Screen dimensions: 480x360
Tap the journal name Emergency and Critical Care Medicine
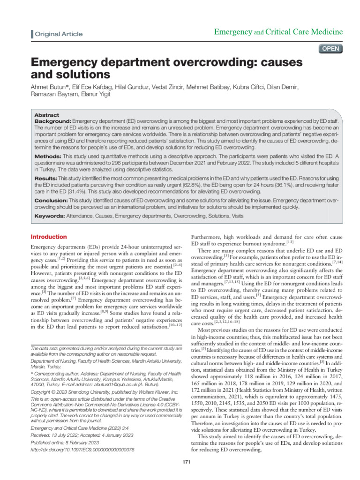coord(278,32)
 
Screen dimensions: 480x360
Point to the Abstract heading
coord(47,115)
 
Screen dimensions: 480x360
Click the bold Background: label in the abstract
coord(53,121)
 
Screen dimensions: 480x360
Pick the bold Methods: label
coord(48,155)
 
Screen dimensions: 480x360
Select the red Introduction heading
coord(49,237)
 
